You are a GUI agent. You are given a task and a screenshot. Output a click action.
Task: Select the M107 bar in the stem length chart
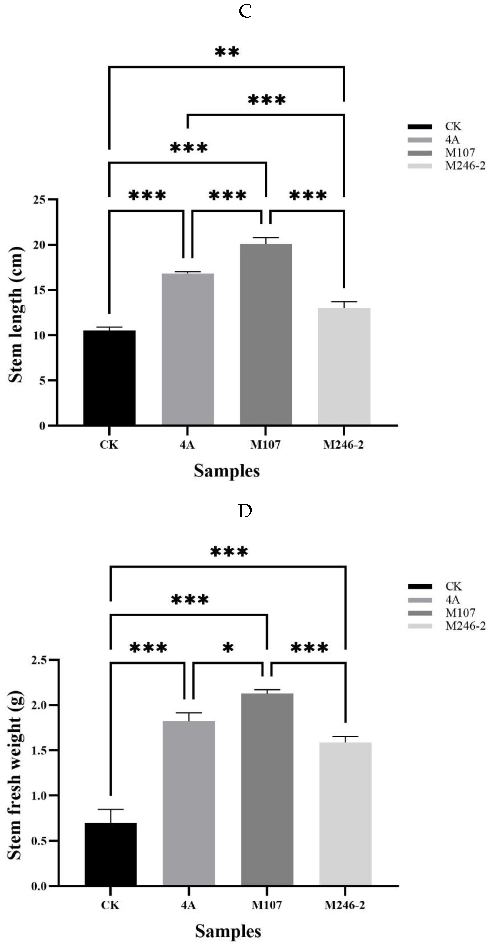266,334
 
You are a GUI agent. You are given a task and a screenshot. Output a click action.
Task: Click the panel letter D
245,511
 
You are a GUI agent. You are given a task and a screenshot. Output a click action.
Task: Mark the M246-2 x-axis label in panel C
344,445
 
